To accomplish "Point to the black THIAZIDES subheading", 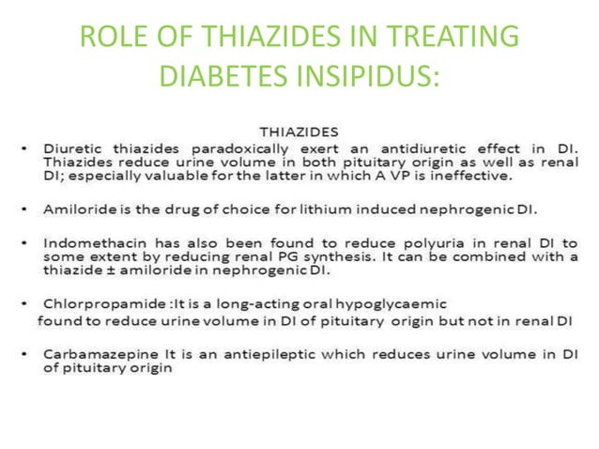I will coord(299,132).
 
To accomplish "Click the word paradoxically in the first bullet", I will coord(239,148).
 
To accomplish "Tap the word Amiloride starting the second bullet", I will coord(77,205).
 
